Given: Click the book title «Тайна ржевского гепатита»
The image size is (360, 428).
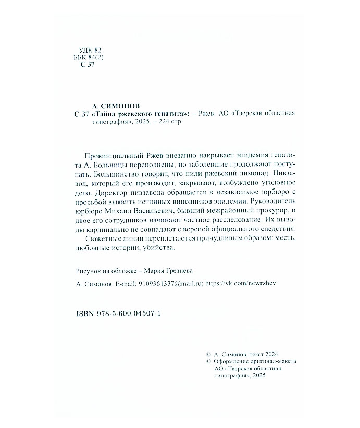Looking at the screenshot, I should (142, 114).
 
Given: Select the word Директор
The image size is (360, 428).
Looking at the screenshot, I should (100, 193).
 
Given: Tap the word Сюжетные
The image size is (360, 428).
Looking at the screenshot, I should (100, 238).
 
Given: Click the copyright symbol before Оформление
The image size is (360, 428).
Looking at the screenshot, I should (209, 360).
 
